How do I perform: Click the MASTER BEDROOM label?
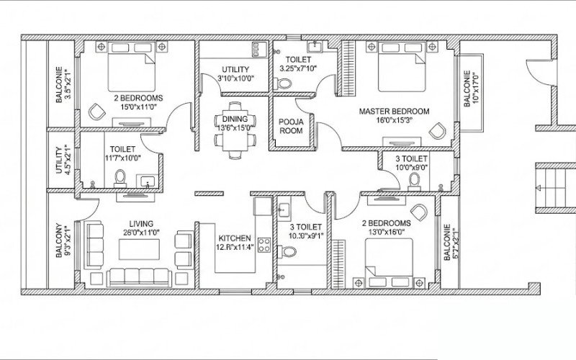point(394,112)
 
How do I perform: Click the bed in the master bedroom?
point(397,68)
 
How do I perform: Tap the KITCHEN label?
point(235,238)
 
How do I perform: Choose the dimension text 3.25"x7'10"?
point(297,69)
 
